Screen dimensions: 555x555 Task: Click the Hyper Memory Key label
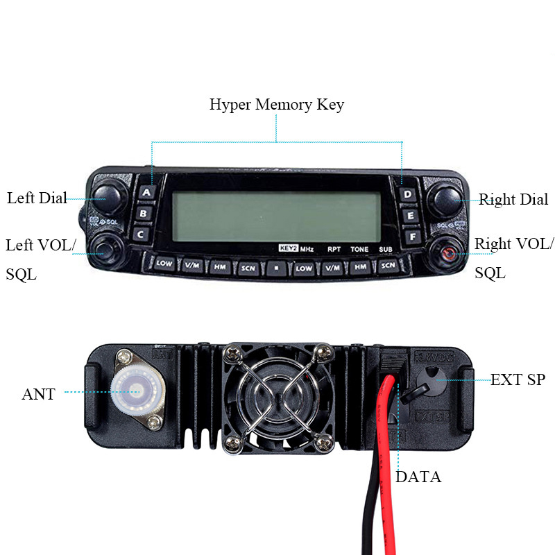coord(276,105)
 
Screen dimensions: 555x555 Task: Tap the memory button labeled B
coord(144,214)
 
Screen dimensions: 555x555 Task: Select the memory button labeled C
coord(141,234)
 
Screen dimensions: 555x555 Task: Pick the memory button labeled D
coord(408,194)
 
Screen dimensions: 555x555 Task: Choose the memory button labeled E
coord(411,216)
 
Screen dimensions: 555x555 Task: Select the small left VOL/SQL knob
coord(105,248)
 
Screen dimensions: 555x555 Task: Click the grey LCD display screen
coord(276,216)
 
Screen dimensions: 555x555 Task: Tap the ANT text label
coord(39,395)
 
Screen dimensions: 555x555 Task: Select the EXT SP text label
coord(518,380)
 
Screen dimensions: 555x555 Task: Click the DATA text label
coord(418,477)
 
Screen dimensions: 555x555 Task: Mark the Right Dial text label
coord(514,200)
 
